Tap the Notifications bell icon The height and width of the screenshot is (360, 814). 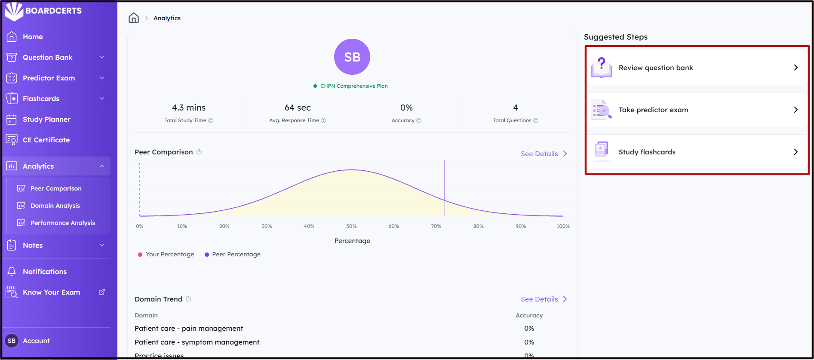pyautogui.click(x=12, y=272)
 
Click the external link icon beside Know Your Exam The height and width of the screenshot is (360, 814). pyautogui.click(x=102, y=292)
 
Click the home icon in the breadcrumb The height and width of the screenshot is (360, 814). pyautogui.click(x=134, y=18)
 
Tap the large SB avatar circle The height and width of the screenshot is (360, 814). pyautogui.click(x=352, y=57)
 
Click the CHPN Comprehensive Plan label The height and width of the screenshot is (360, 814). pyautogui.click(x=354, y=86)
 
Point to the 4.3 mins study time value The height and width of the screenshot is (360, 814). pyautogui.click(x=189, y=108)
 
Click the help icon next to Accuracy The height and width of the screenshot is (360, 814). pyautogui.click(x=419, y=121)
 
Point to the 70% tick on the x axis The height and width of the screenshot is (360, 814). pyautogui.click(x=436, y=226)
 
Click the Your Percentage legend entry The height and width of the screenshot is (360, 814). pyautogui.click(x=166, y=255)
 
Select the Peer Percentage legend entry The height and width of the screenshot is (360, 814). pyautogui.click(x=233, y=255)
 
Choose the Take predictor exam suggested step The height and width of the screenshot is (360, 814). pyautogui.click(x=697, y=110)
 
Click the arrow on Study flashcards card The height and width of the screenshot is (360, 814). pyautogui.click(x=796, y=152)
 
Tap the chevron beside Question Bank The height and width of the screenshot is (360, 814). pyautogui.click(x=102, y=58)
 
